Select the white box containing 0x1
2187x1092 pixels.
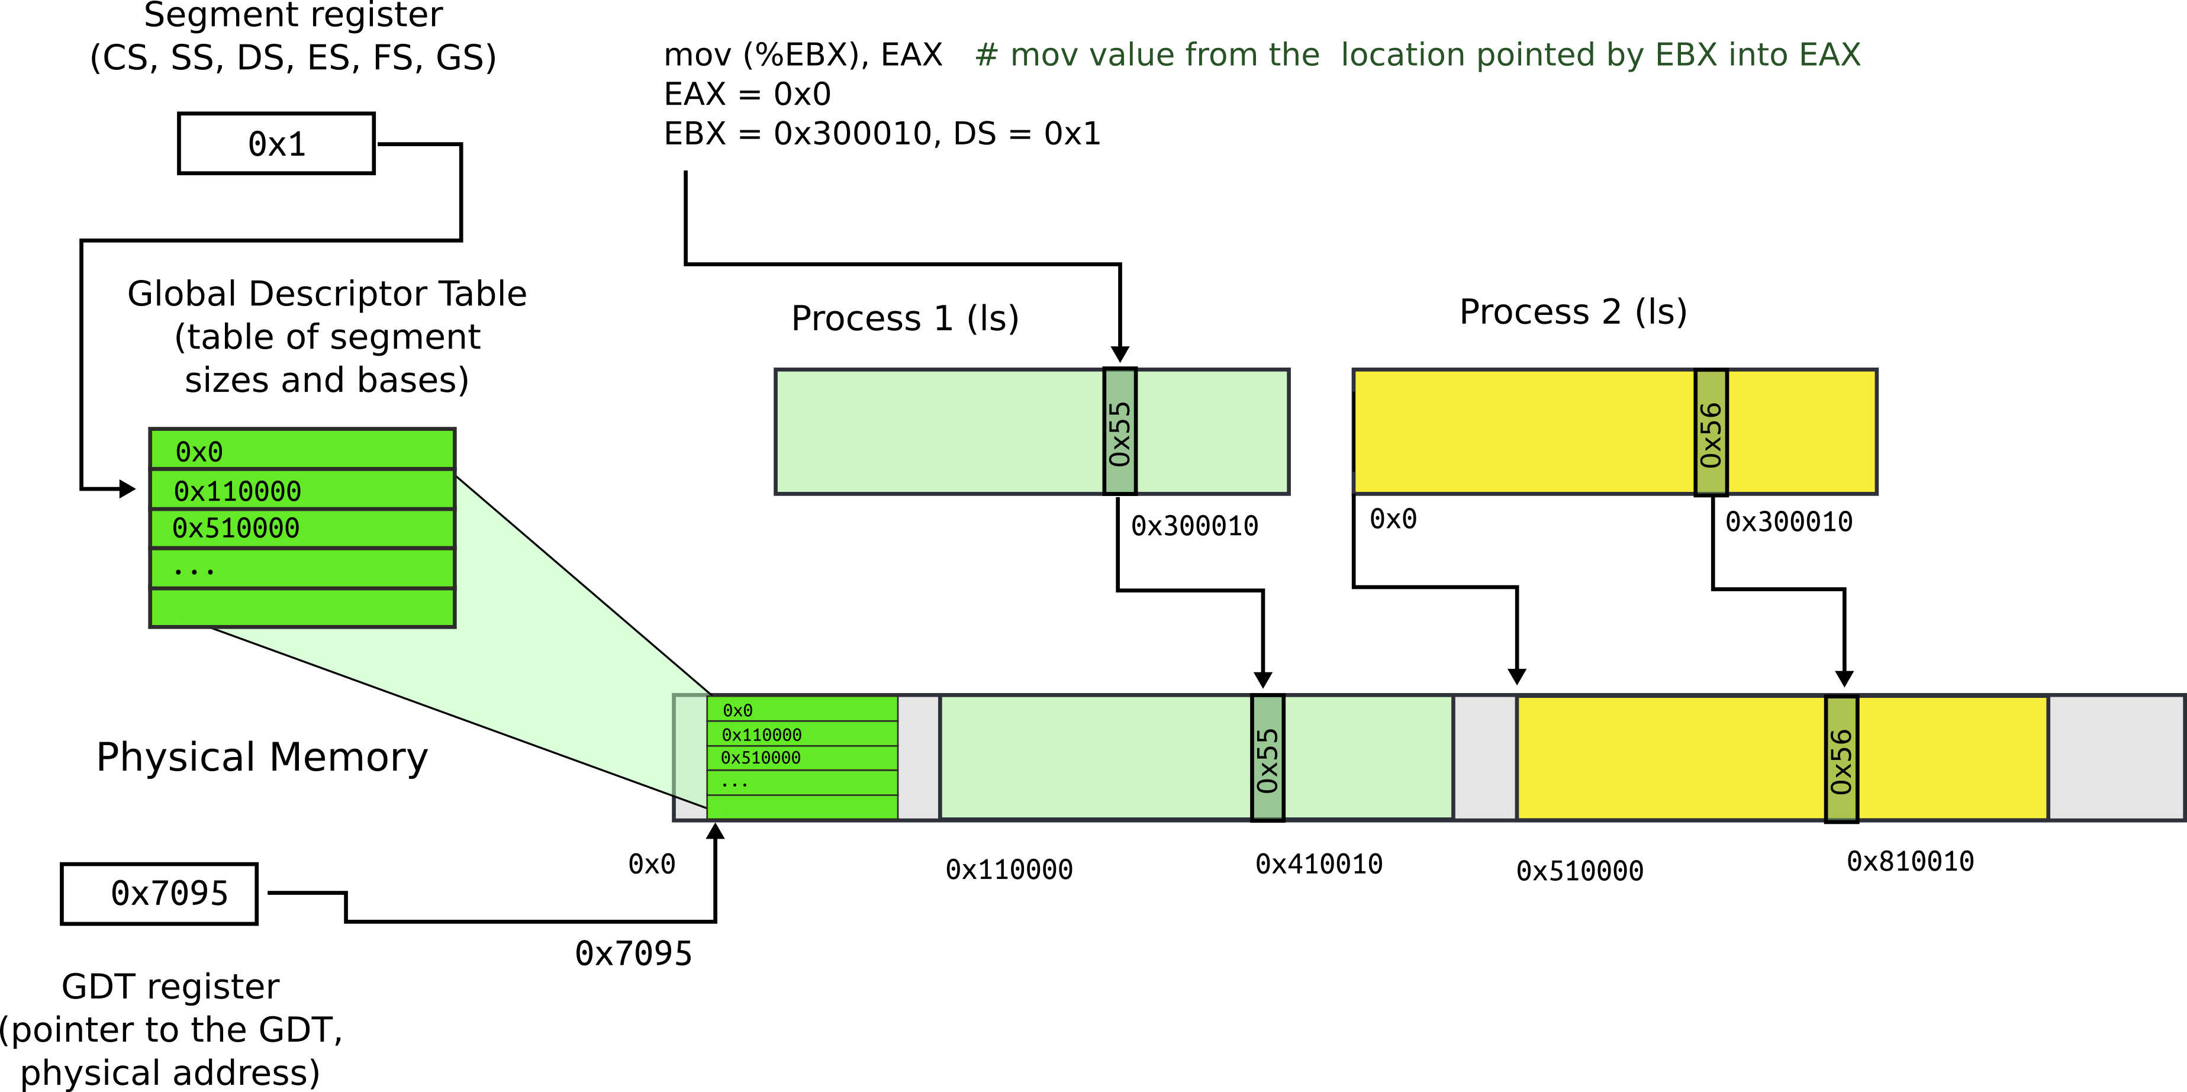(276, 143)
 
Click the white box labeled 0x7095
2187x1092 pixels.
(159, 893)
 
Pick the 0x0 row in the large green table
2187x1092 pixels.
(302, 450)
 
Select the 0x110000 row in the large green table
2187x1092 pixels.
(302, 490)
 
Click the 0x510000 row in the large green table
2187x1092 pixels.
(302, 528)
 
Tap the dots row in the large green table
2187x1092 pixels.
(302, 568)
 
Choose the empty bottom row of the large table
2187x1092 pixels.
(302, 607)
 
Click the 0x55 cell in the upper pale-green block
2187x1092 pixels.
(1120, 432)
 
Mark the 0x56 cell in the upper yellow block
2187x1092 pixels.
(1711, 432)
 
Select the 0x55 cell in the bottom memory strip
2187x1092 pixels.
(1268, 758)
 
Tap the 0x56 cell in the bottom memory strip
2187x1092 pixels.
(1841, 758)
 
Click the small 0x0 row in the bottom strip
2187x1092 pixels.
(803, 709)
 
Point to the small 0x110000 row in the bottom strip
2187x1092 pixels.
(803, 734)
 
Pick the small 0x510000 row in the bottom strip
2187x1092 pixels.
(803, 758)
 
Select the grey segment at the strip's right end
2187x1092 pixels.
(2116, 758)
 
